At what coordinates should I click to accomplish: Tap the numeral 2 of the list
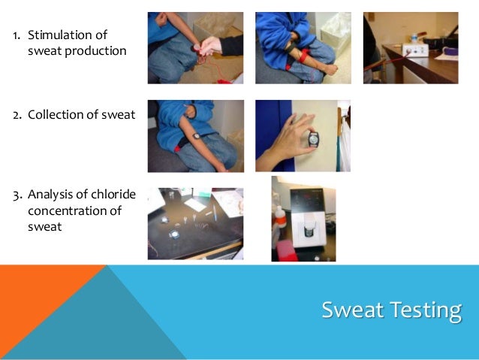click(15, 114)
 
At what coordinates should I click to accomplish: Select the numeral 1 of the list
click(15, 35)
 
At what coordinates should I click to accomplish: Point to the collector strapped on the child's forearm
click(196, 136)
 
